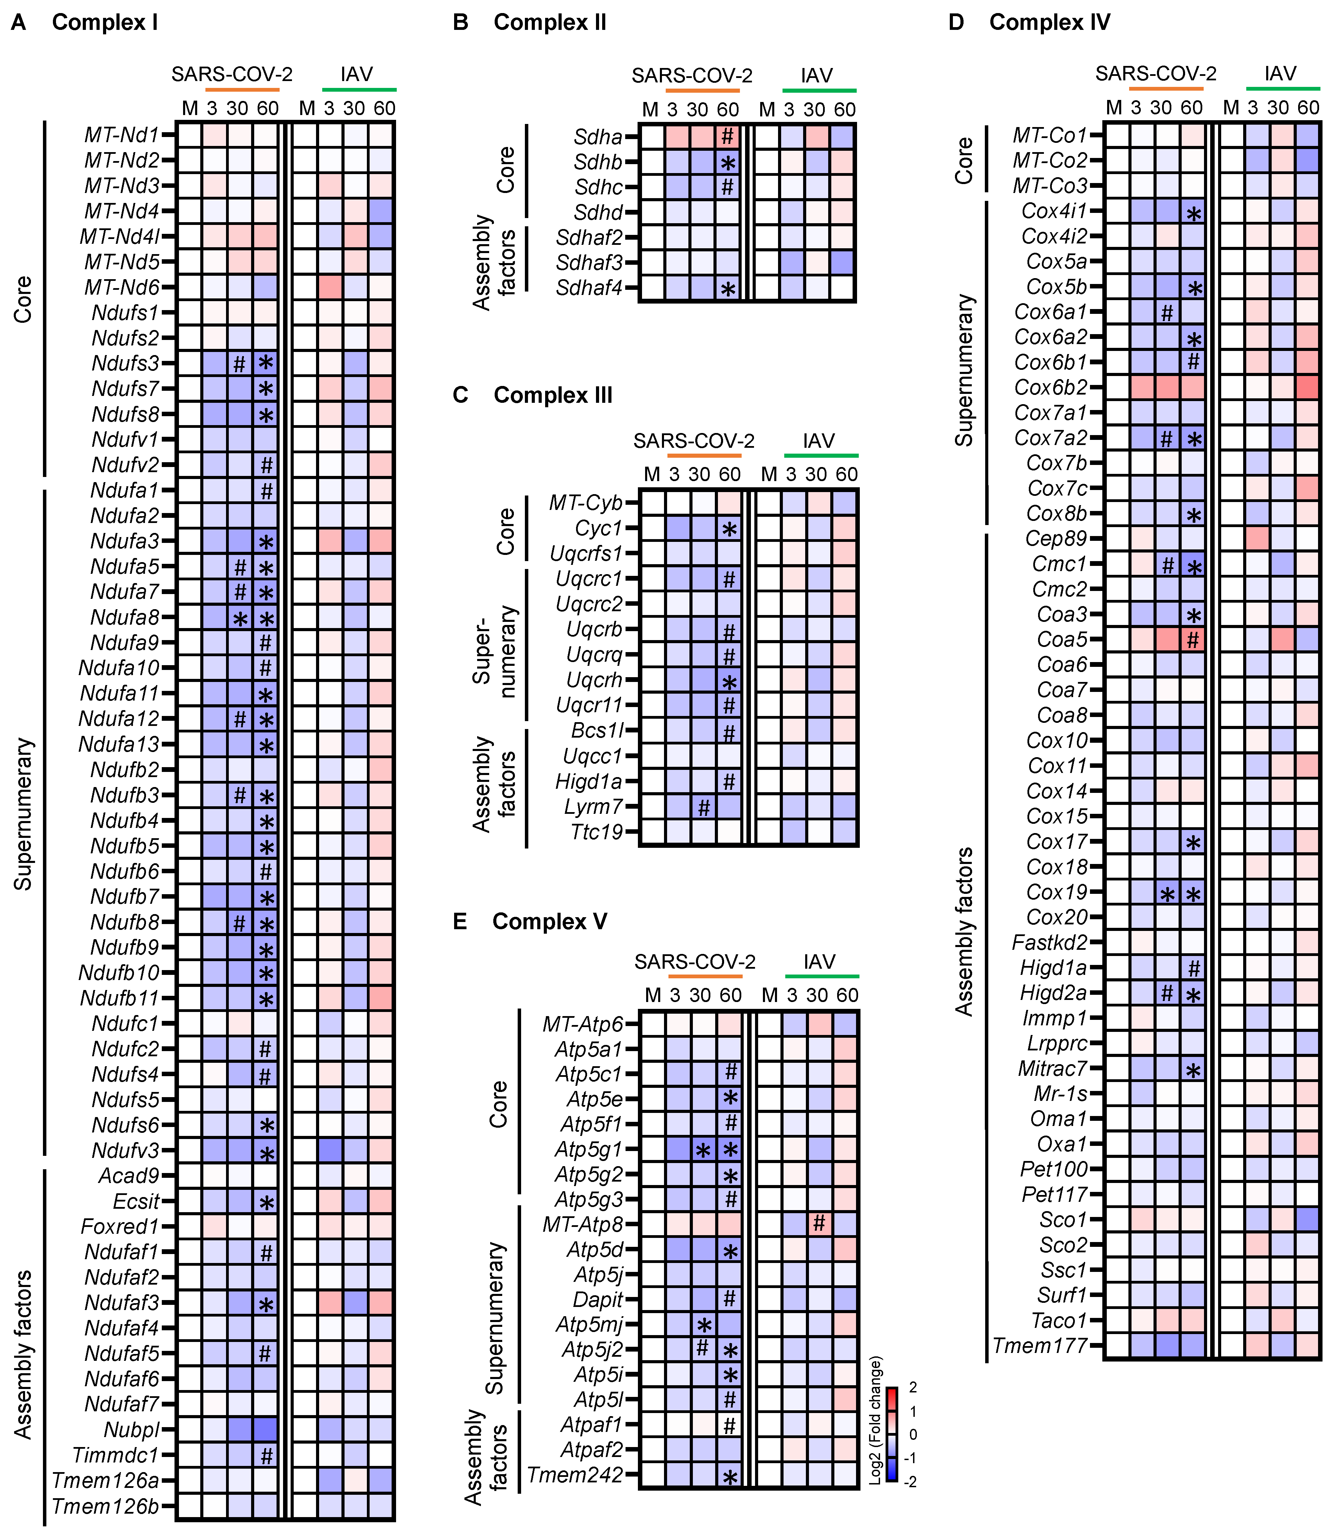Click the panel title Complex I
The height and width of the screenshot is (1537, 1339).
pos(105,22)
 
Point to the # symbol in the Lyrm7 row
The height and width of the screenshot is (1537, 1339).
pos(702,807)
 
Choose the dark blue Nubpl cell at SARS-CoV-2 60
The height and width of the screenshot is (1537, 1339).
pos(265,1430)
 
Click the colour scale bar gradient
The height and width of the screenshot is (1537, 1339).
pos(892,1434)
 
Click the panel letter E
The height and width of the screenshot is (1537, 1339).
pos(460,922)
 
